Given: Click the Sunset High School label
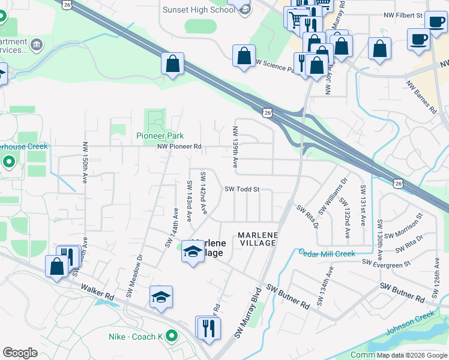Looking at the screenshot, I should coord(199,10).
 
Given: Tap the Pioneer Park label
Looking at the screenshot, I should coord(160,136).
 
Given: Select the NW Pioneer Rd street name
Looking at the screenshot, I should coord(179,146).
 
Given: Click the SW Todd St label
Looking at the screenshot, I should coord(242,189).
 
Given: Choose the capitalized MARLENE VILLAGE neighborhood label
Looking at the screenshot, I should coord(257,239).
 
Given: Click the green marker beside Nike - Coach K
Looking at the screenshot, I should coord(172,336).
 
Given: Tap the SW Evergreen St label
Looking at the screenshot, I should coord(386,262).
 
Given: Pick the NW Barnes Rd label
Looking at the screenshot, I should coord(421,97).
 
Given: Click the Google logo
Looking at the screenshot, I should coord(20,353).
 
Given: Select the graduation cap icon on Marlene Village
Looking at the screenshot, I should coord(193,252).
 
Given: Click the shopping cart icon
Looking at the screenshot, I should coord(295,19).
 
